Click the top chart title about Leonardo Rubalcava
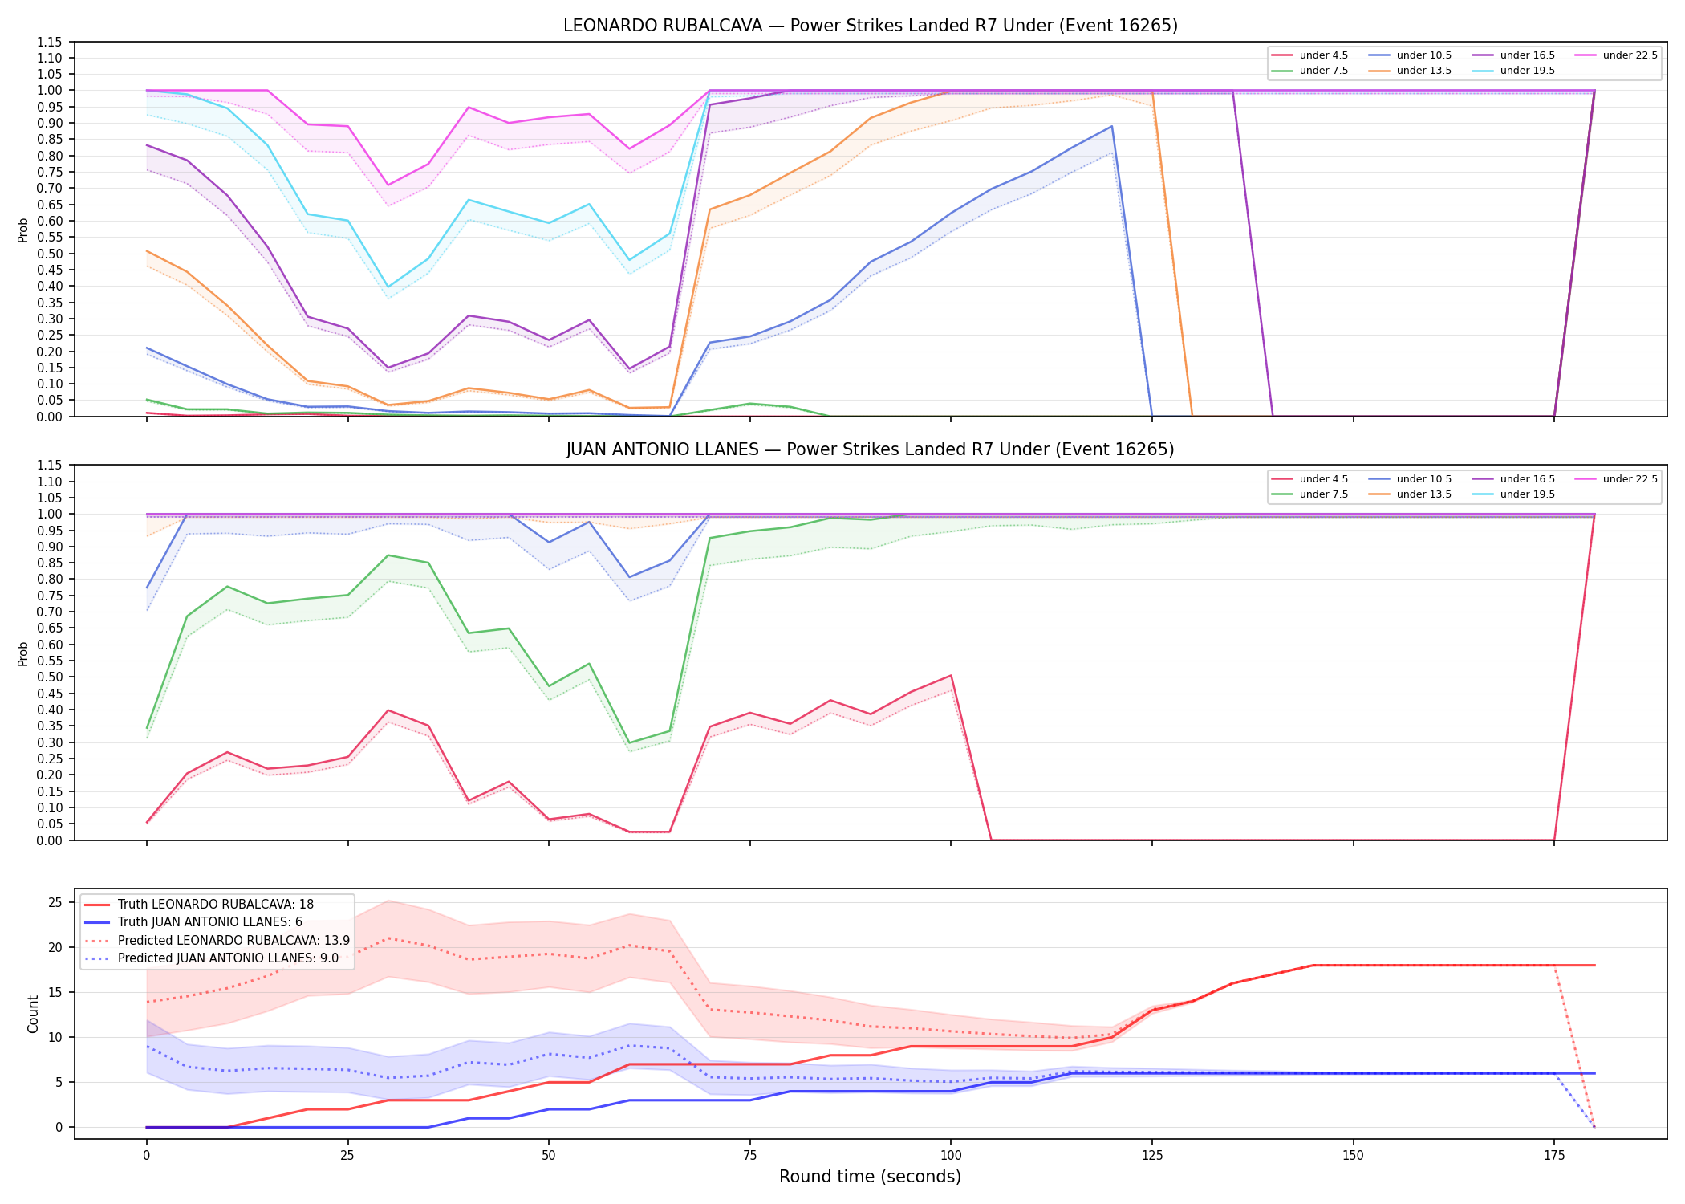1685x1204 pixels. pyautogui.click(x=871, y=26)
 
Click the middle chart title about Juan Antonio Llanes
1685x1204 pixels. pyautogui.click(x=871, y=449)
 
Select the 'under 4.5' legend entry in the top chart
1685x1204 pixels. pyautogui.click(x=1310, y=55)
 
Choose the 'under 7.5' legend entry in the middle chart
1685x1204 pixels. pyautogui.click(x=1310, y=494)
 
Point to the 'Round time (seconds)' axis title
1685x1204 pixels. pyautogui.click(x=871, y=1177)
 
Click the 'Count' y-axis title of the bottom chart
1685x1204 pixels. pyautogui.click(x=33, y=1014)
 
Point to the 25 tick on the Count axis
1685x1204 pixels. pyautogui.click(x=55, y=903)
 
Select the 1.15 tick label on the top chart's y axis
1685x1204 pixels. pyautogui.click(x=50, y=42)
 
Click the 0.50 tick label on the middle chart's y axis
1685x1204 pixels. pyautogui.click(x=50, y=677)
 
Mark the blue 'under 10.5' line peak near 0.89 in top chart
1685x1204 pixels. pyautogui.click(x=1111, y=126)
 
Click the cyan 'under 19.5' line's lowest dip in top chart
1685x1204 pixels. pyautogui.click(x=388, y=287)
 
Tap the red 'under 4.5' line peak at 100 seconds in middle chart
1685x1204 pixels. pyautogui.click(x=951, y=676)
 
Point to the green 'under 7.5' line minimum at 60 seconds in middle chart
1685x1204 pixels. pyautogui.click(x=629, y=743)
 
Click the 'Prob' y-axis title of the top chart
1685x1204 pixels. pyautogui.click(x=23, y=230)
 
